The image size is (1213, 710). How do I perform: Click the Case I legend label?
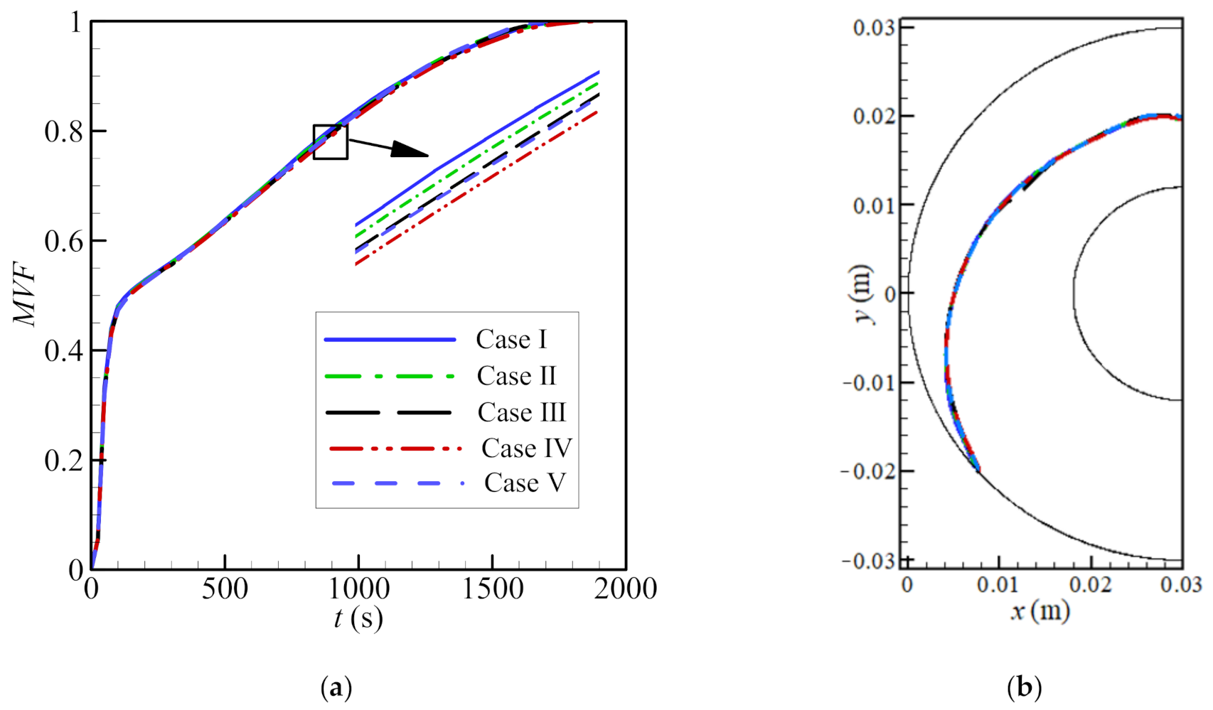511,340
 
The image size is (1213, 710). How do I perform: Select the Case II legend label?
516,376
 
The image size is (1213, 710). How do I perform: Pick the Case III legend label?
521,412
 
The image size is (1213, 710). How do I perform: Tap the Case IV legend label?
526,448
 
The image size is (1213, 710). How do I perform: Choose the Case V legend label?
525,483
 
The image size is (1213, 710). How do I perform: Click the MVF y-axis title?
26,295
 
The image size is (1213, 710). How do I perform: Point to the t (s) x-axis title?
358,618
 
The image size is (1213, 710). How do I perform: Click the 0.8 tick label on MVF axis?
64,131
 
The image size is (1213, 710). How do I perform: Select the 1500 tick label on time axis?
493,589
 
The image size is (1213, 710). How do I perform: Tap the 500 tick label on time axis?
225,589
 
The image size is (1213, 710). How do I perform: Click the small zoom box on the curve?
331,142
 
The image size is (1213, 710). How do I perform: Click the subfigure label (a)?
336,687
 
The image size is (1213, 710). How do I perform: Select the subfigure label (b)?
1025,687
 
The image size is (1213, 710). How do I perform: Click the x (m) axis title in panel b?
1040,610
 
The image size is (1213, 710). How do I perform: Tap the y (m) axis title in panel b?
863,294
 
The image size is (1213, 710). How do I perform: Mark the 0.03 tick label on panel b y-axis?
874,28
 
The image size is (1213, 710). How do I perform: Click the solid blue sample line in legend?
390,340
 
